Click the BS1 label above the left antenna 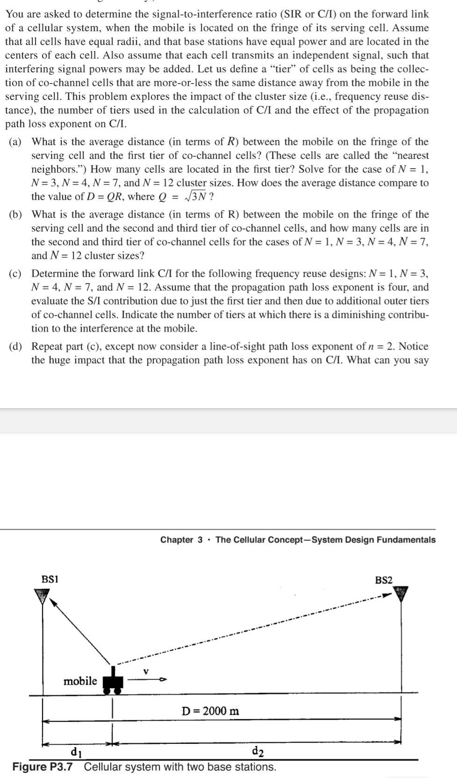50,579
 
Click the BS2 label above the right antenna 384,580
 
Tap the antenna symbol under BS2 400,594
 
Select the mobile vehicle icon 112,680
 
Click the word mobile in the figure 80,681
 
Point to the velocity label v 146,672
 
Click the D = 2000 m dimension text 210,711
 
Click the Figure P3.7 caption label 43,767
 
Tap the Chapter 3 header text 181,540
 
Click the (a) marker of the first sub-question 15,142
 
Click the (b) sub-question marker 15,215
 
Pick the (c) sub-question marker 15,274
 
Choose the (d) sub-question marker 15,347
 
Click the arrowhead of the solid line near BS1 53,603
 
